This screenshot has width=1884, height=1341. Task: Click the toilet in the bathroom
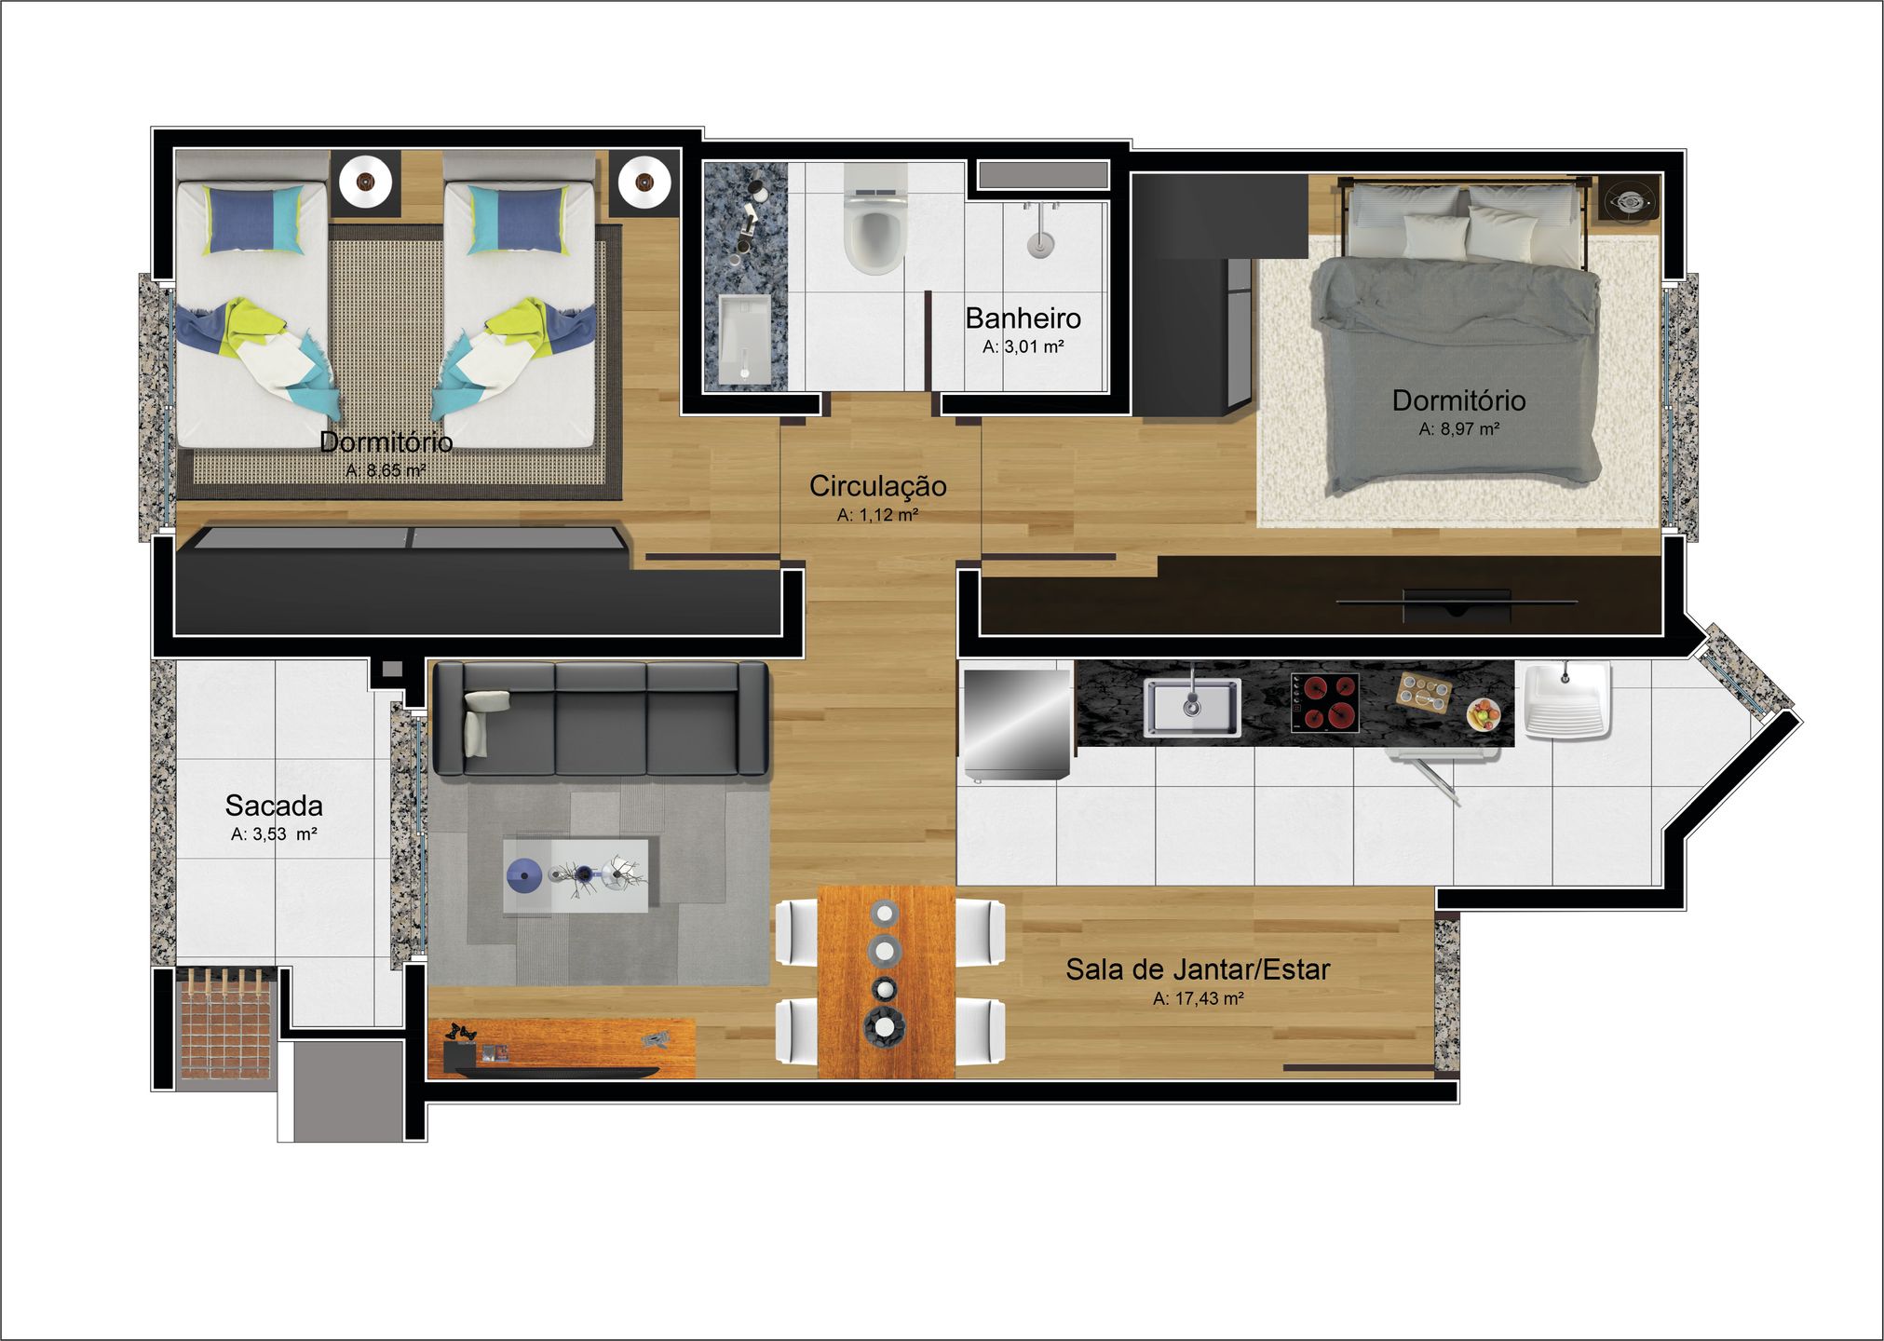tap(874, 221)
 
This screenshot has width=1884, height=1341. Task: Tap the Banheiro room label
tap(1023, 318)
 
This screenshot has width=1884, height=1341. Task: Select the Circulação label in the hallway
tap(877, 486)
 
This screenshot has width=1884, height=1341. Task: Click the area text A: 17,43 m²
tap(1199, 998)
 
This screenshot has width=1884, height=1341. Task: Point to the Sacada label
tap(274, 806)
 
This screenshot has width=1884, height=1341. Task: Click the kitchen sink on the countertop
tap(1192, 707)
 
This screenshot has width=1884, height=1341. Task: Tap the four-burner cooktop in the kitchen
tap(1324, 702)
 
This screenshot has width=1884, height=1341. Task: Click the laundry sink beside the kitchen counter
tap(1567, 700)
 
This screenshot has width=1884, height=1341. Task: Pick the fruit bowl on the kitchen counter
tap(1484, 714)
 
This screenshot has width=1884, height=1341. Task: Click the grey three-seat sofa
tap(602, 718)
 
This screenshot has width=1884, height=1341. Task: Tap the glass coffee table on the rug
tap(576, 876)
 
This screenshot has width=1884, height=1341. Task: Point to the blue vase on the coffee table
tap(524, 874)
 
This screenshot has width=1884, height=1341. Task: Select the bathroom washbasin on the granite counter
tap(745, 340)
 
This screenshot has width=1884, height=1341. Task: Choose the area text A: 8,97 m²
tap(1458, 429)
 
